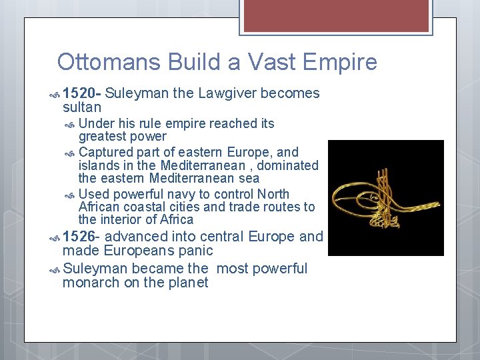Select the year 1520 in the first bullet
pyautogui.click(x=80, y=93)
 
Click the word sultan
pyautogui.click(x=81, y=107)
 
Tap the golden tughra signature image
pyautogui.click(x=385, y=197)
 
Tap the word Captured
pyautogui.click(x=105, y=153)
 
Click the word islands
pyautogui.click(x=97, y=165)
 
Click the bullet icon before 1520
pyautogui.click(x=55, y=94)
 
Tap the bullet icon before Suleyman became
pyautogui.click(x=55, y=269)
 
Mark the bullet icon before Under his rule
pyautogui.click(x=71, y=124)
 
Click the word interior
pyautogui.click(x=121, y=219)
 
